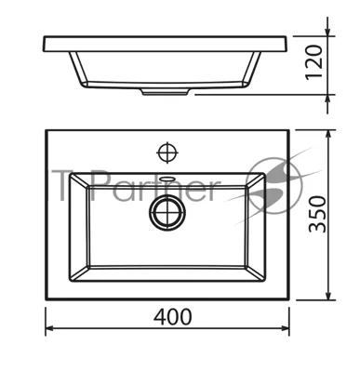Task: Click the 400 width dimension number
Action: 173,316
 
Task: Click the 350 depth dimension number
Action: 317,214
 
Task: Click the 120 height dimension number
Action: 313,62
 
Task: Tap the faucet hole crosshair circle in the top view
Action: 167,153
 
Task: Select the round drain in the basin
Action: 167,213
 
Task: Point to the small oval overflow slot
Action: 167,179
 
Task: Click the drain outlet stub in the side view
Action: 166,92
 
